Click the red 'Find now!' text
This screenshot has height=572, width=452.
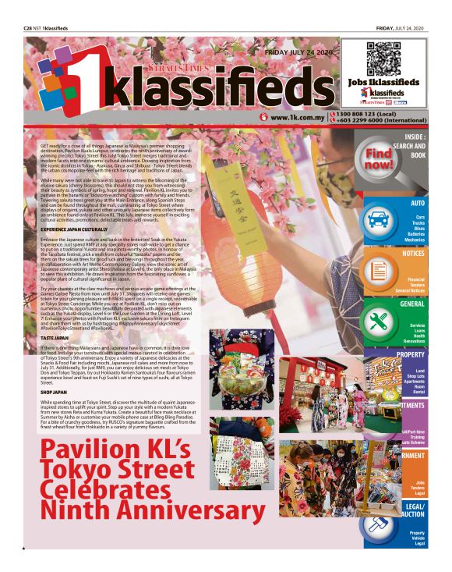[379, 159]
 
